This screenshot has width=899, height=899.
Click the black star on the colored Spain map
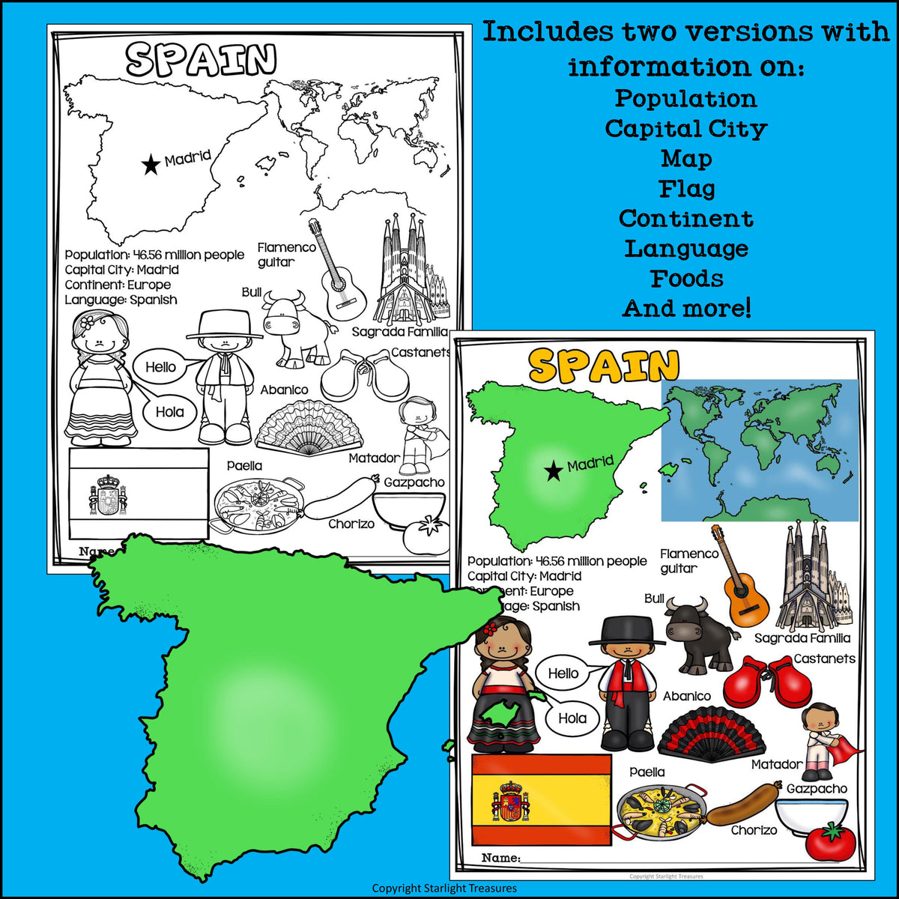(554, 471)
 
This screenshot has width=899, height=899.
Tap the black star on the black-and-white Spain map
(151, 164)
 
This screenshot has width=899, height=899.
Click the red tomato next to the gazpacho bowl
(827, 841)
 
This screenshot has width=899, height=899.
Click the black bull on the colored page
(697, 632)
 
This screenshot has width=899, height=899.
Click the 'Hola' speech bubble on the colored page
(572, 718)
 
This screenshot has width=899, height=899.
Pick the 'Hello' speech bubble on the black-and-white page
(160, 366)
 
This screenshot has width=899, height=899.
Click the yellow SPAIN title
(603, 365)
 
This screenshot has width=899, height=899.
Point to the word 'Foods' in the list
(686, 279)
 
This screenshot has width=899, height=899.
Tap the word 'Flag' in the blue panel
(686, 189)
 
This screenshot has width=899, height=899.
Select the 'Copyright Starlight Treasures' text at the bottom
(444, 889)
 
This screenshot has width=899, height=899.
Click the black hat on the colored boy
(627, 631)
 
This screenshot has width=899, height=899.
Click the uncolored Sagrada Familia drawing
(405, 273)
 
